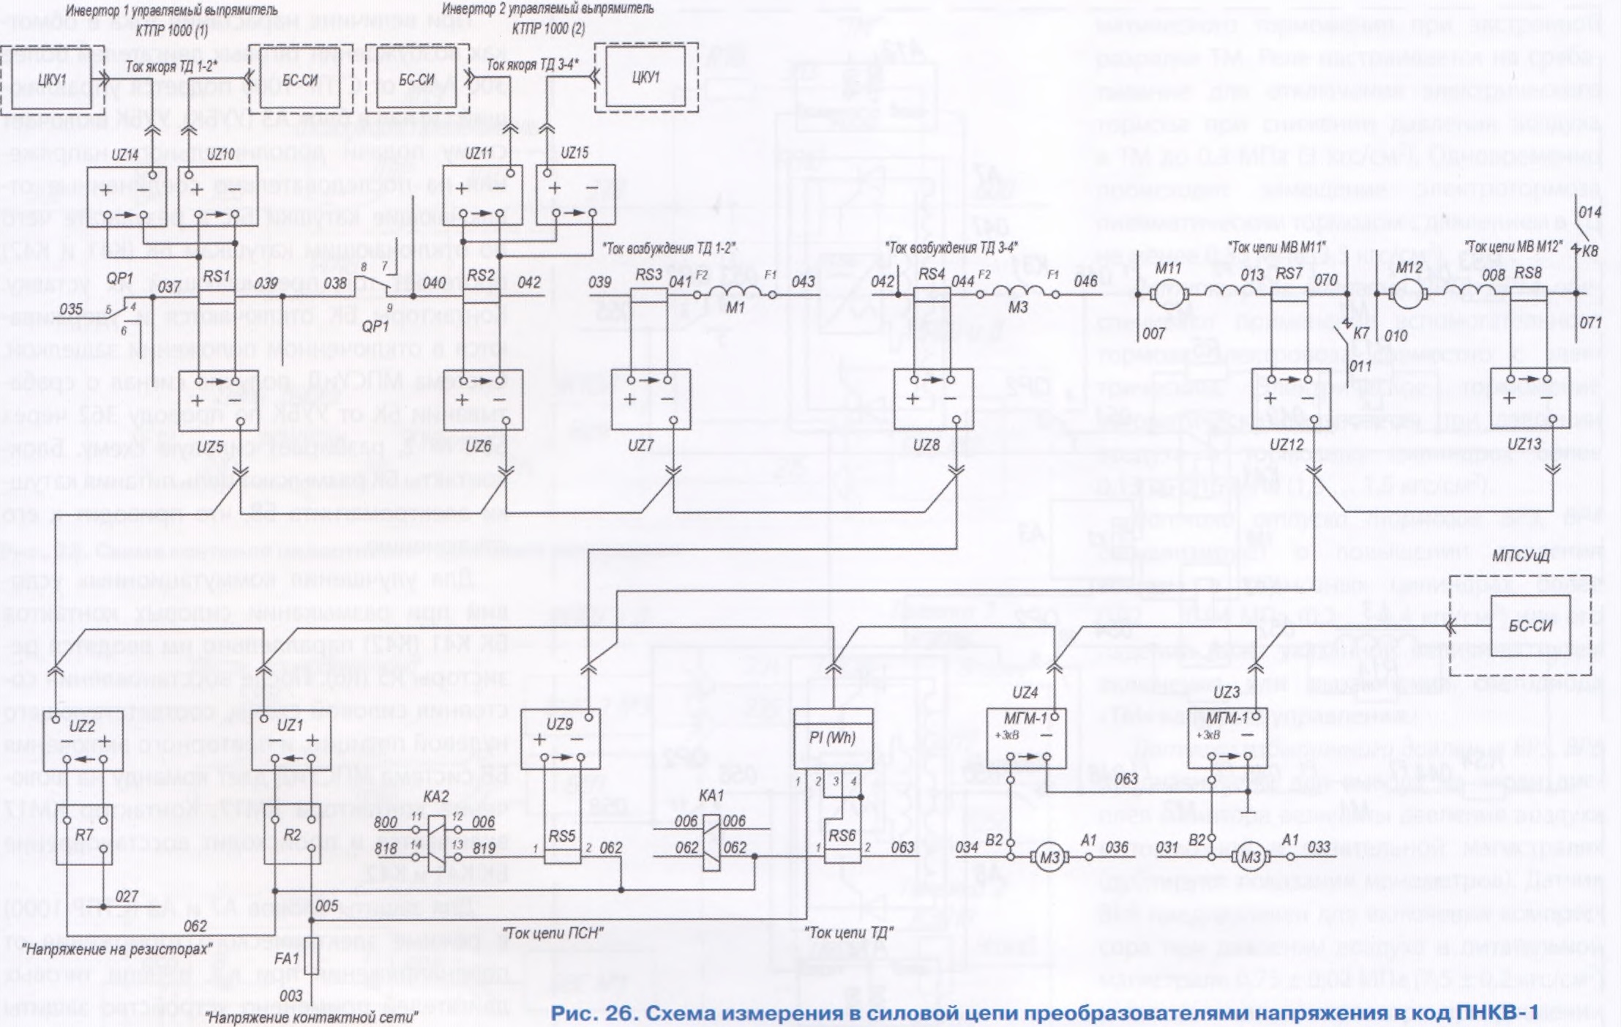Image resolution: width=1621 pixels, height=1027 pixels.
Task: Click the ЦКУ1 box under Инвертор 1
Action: pyautogui.click(x=51, y=80)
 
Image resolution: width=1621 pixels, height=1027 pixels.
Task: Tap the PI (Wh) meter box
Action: pyautogui.click(x=833, y=738)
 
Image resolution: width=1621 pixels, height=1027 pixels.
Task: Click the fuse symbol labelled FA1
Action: pyautogui.click(x=312, y=956)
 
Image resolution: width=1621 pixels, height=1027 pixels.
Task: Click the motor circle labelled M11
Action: pyautogui.click(x=1164, y=295)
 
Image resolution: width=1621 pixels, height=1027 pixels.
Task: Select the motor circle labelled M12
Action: pyautogui.click(x=1404, y=295)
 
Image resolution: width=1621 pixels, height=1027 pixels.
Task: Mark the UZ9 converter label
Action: pyautogui.click(x=559, y=724)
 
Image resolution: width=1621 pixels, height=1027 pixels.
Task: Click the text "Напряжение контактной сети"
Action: pyautogui.click(x=312, y=1017)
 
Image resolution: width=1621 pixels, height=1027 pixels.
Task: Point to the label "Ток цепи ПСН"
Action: pyautogui.click(x=554, y=933)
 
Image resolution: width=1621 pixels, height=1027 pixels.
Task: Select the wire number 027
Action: pyautogui.click(x=127, y=897)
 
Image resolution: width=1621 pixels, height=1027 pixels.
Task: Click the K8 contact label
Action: pyautogui.click(x=1590, y=250)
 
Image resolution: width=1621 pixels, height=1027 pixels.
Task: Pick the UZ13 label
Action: pyautogui.click(x=1524, y=444)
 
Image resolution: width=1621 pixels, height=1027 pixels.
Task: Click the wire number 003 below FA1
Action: pyautogui.click(x=291, y=996)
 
